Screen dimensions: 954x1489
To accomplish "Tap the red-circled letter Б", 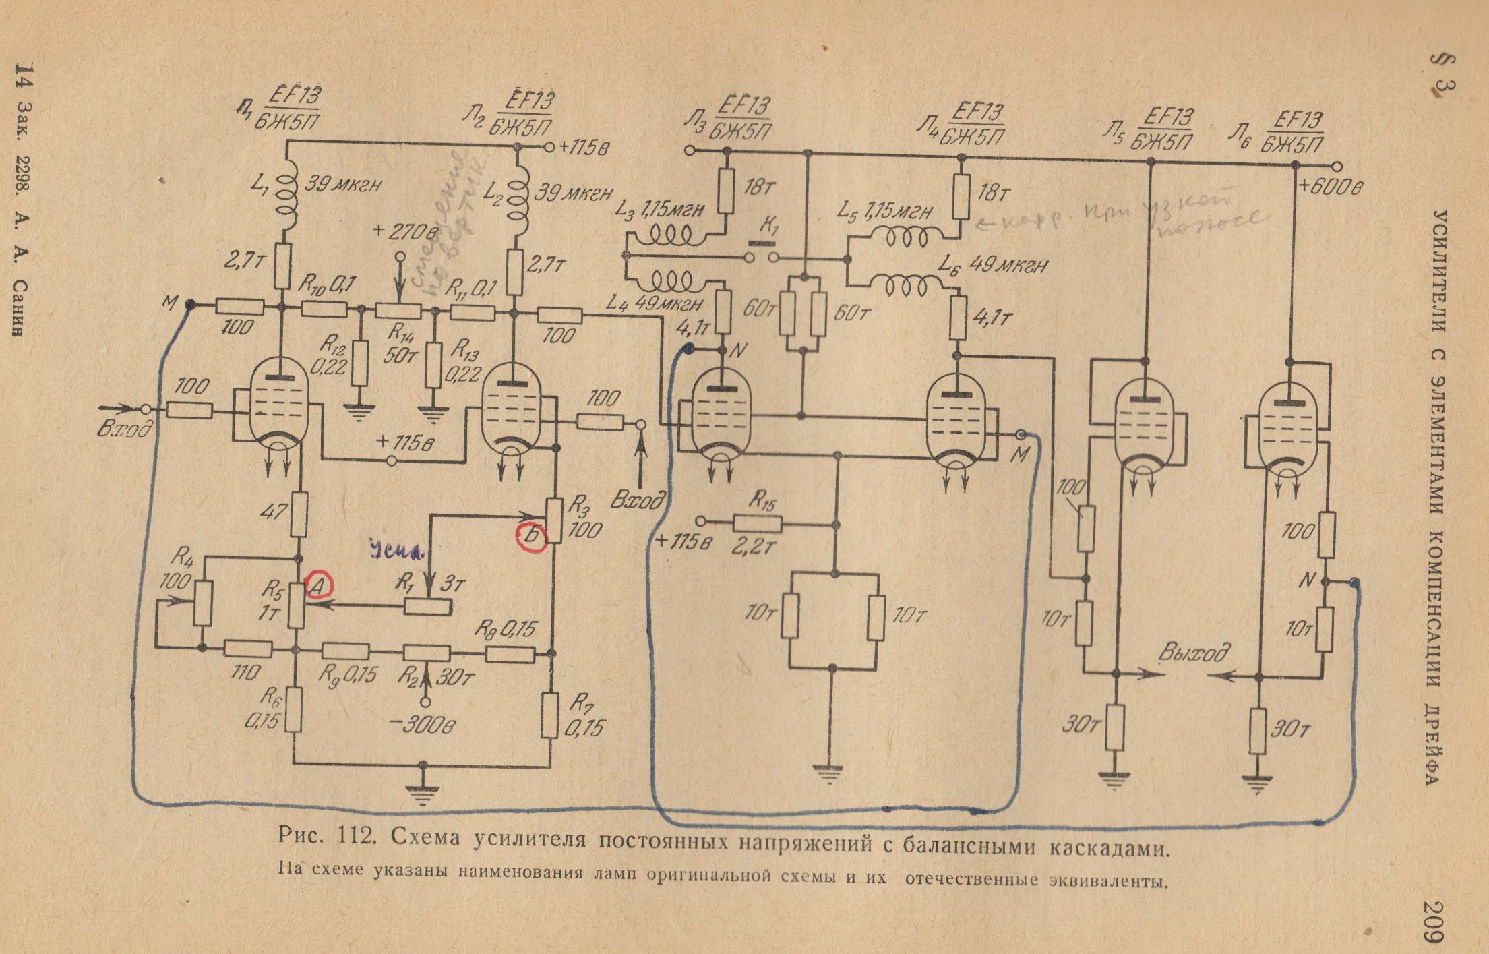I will [x=530, y=537].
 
